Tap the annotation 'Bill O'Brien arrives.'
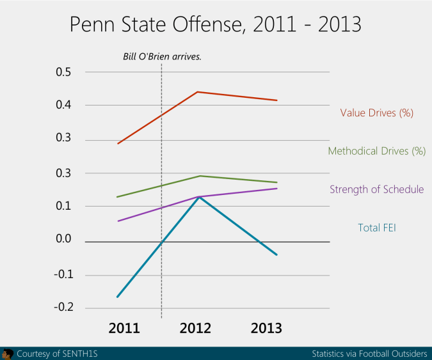tap(162, 56)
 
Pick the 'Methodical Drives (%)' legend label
tap(376, 152)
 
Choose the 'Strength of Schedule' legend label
tap(376, 189)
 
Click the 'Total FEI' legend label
tap(376, 227)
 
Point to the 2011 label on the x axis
tap(124, 329)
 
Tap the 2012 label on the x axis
tap(195, 329)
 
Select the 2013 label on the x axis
tap(266, 329)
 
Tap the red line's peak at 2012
tap(198, 92)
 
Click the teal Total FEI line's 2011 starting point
tap(118, 297)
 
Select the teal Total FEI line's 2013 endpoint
tap(277, 254)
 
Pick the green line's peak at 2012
tap(200, 176)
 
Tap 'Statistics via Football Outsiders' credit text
tap(369, 354)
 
